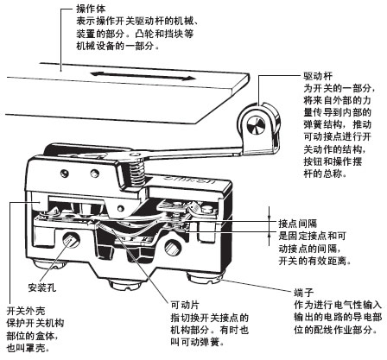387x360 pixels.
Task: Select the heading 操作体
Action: coord(81,9)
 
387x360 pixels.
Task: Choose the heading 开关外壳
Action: coord(26,309)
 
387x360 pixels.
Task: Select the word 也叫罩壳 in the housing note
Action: coord(26,348)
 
